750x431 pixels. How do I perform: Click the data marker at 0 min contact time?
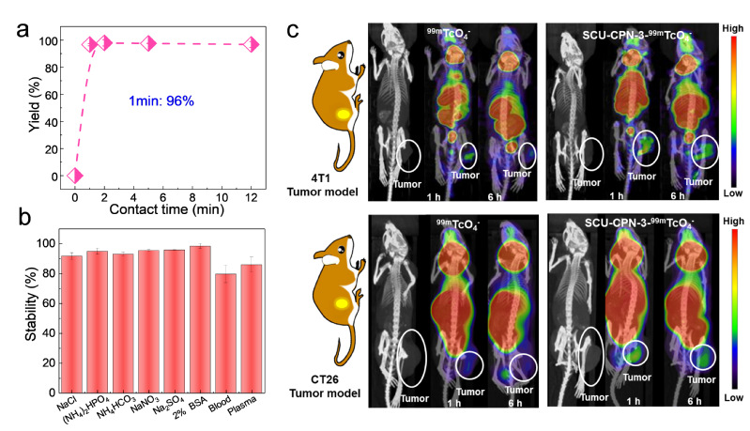click(75, 176)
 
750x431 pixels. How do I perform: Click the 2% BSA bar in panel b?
click(199, 301)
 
